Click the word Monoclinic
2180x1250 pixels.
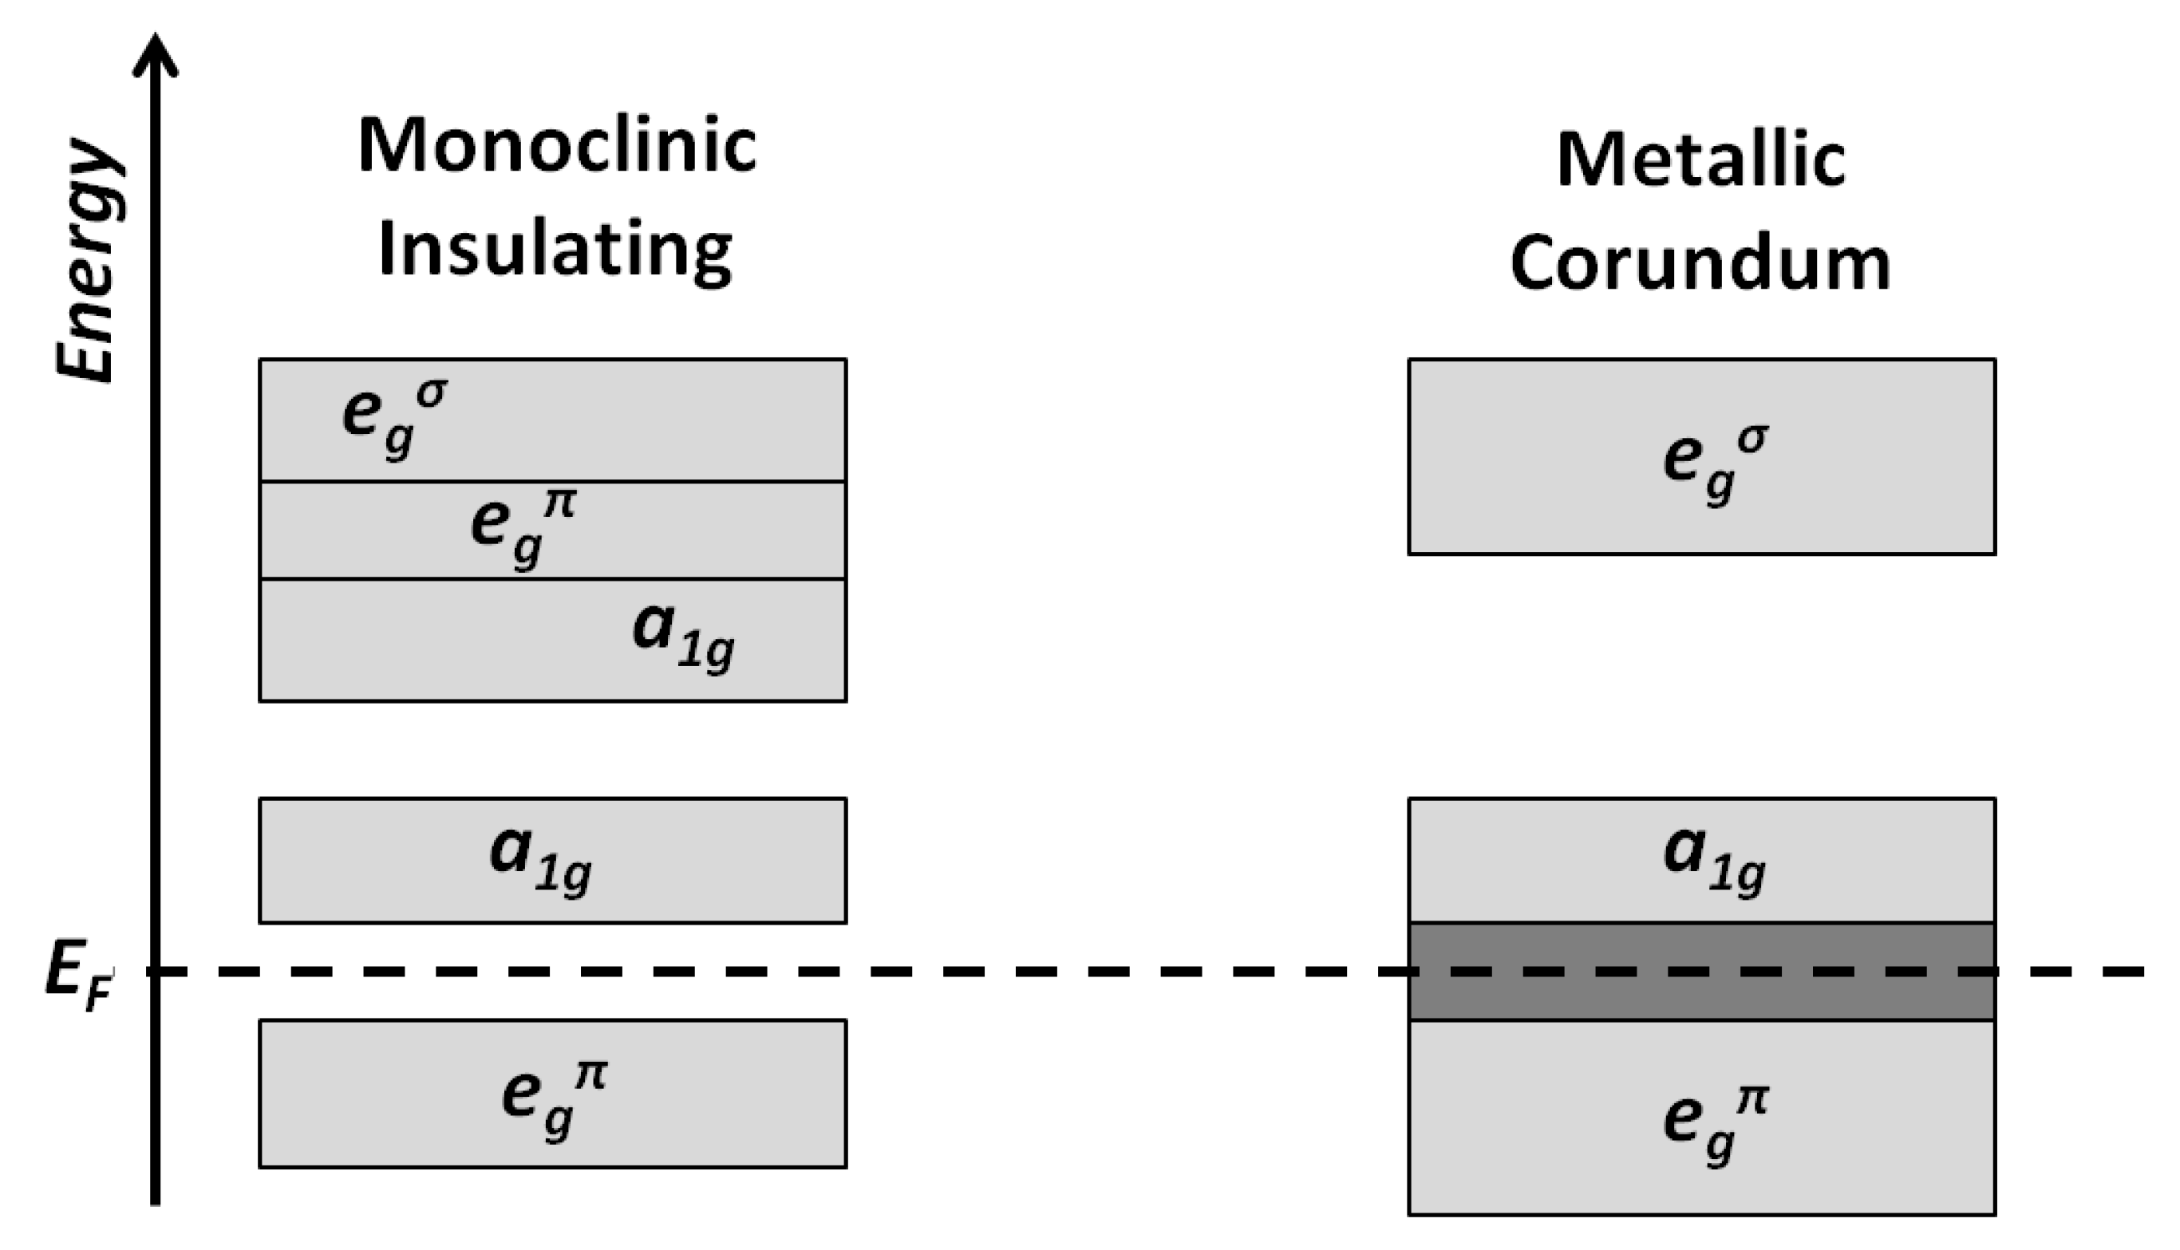click(556, 146)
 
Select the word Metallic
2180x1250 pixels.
click(1701, 160)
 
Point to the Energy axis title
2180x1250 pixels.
click(86, 258)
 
